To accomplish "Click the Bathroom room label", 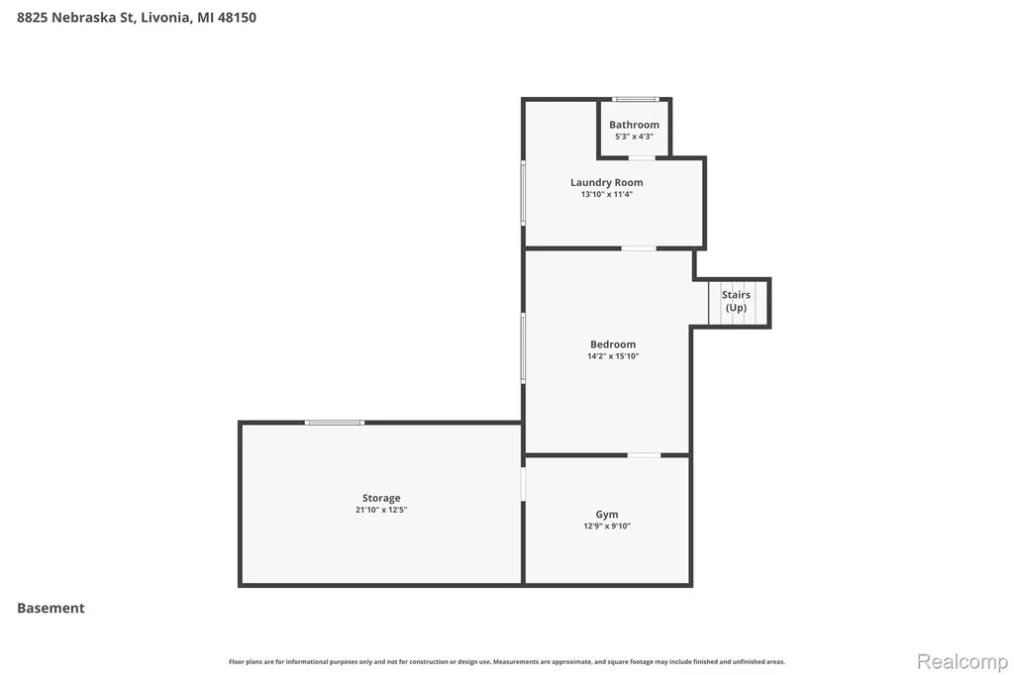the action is pyautogui.click(x=634, y=125).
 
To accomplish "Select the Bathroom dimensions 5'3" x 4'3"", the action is pyautogui.click(x=634, y=137).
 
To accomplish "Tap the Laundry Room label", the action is pyautogui.click(x=607, y=182).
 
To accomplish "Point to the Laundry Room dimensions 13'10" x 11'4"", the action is pyautogui.click(x=607, y=194).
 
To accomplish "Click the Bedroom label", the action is pyautogui.click(x=613, y=344).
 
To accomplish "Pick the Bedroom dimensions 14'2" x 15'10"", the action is pyautogui.click(x=613, y=356).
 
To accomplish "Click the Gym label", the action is pyautogui.click(x=607, y=515).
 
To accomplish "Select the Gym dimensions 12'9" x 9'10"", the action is pyautogui.click(x=607, y=527).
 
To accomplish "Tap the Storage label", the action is pyautogui.click(x=381, y=498).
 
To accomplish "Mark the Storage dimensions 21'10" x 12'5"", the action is pyautogui.click(x=381, y=510).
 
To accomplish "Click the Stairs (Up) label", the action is pyautogui.click(x=736, y=301).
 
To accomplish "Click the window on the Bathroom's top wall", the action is pyautogui.click(x=636, y=99).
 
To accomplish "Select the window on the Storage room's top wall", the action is pyautogui.click(x=335, y=423).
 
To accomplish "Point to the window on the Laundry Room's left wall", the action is pyautogui.click(x=523, y=193).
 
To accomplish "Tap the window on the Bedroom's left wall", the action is pyautogui.click(x=523, y=348).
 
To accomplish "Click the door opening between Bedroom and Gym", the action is pyautogui.click(x=644, y=455).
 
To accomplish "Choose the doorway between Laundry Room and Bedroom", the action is pyautogui.click(x=639, y=248).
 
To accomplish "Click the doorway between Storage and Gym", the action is pyautogui.click(x=523, y=484).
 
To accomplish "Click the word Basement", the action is pyautogui.click(x=51, y=608).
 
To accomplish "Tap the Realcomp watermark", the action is pyautogui.click(x=963, y=661).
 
